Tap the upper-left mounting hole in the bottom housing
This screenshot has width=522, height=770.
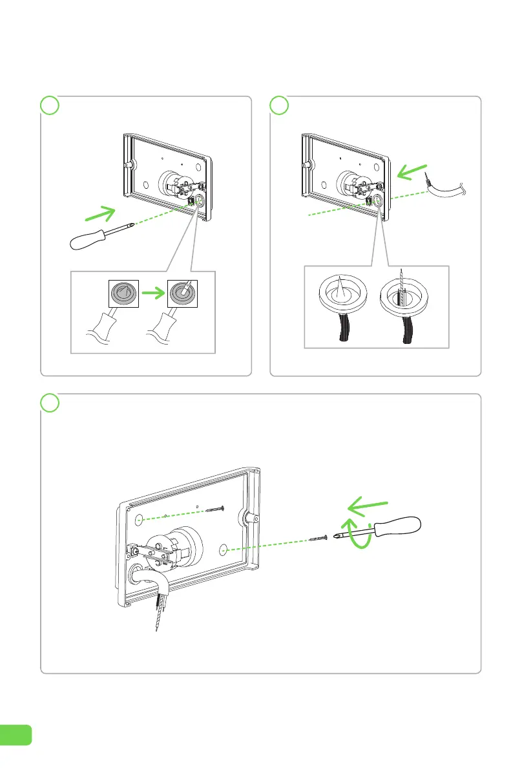tap(140, 519)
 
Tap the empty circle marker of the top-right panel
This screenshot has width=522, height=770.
tap(278, 105)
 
